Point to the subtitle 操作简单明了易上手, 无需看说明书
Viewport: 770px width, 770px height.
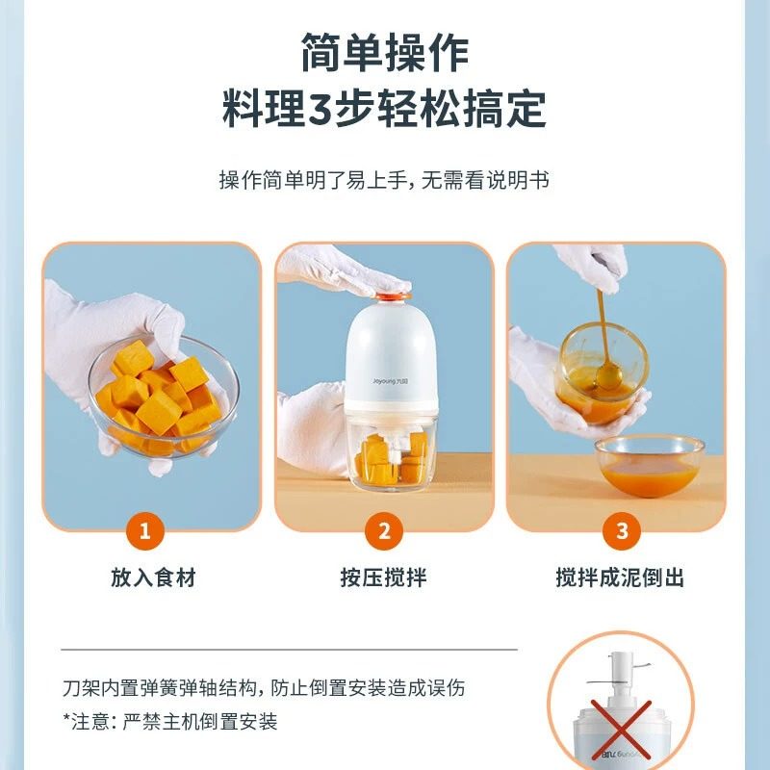[x=384, y=180]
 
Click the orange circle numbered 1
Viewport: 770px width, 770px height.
[x=145, y=530]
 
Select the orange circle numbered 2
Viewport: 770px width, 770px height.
[x=384, y=530]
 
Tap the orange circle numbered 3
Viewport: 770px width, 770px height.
[x=621, y=530]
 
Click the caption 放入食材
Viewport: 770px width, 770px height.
[x=153, y=577]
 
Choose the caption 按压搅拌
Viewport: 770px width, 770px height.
[x=384, y=577]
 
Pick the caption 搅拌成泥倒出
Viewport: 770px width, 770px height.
[x=621, y=577]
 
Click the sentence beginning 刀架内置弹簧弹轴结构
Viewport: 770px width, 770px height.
[x=263, y=687]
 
